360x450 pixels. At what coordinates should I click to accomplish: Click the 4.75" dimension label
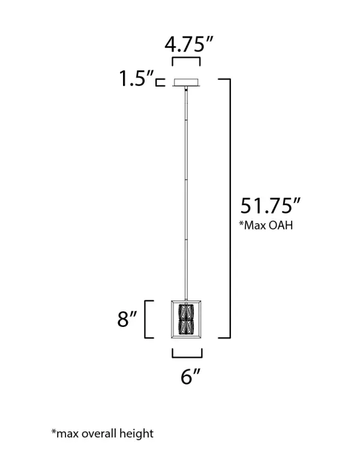pyautogui.click(x=189, y=44)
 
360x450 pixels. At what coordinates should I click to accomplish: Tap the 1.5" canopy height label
pyautogui.click(x=136, y=78)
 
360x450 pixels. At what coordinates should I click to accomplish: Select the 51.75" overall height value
pyautogui.click(x=270, y=205)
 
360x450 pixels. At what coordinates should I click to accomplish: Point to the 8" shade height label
pyautogui.click(x=127, y=319)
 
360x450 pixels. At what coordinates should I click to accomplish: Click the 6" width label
pyautogui.click(x=190, y=376)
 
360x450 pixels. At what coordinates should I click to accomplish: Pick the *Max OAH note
pyautogui.click(x=266, y=225)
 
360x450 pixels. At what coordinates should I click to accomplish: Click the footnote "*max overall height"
pyautogui.click(x=103, y=433)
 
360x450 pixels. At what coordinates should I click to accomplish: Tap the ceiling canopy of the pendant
pyautogui.click(x=187, y=82)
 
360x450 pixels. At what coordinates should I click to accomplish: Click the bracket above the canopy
pyautogui.click(x=186, y=58)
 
